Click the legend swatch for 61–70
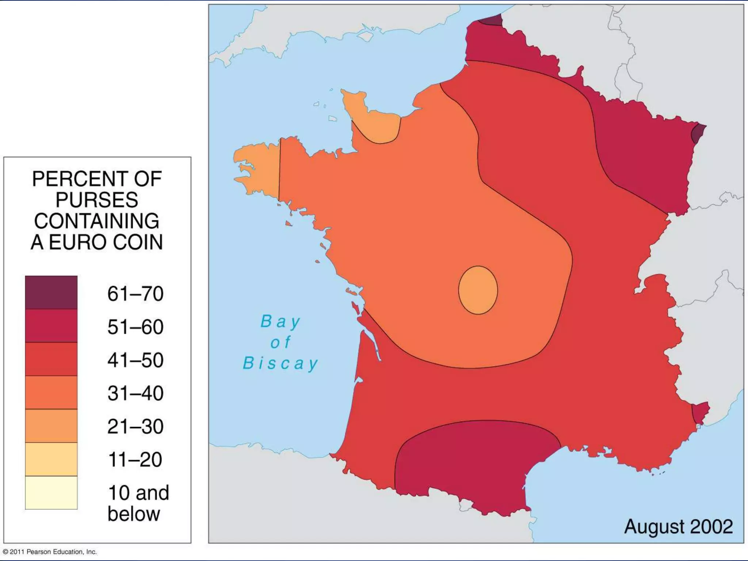(x=51, y=292)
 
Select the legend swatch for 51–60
(x=51, y=326)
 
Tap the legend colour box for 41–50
(x=51, y=359)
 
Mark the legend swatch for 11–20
(x=51, y=459)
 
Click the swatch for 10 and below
(x=51, y=492)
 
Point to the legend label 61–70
(x=135, y=294)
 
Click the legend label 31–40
(x=135, y=393)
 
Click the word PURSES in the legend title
(x=97, y=200)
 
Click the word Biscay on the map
(x=280, y=363)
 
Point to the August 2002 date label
(x=678, y=526)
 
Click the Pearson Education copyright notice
(x=50, y=552)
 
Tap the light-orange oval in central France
(x=478, y=290)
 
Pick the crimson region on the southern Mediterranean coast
(x=475, y=464)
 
